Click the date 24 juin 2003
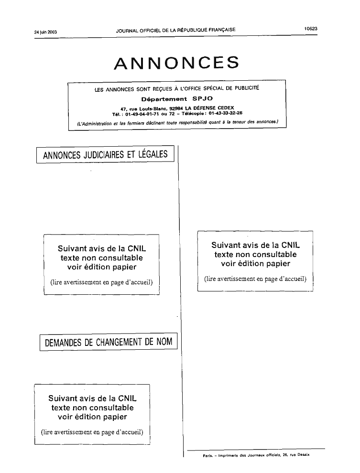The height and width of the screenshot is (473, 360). click(x=45, y=32)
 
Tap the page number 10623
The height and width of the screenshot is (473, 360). click(x=310, y=29)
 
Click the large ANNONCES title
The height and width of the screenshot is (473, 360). click(x=177, y=63)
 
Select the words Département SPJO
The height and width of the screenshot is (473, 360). click(x=177, y=98)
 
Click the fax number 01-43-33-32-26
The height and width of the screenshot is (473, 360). click(x=225, y=113)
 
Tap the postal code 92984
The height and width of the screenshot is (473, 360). click(x=176, y=108)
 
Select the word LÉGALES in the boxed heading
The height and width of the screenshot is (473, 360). click(x=153, y=154)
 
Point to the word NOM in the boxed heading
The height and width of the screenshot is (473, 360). click(x=164, y=342)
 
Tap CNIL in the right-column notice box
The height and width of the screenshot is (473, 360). click(x=290, y=245)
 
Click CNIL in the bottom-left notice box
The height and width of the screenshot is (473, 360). click(x=127, y=398)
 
